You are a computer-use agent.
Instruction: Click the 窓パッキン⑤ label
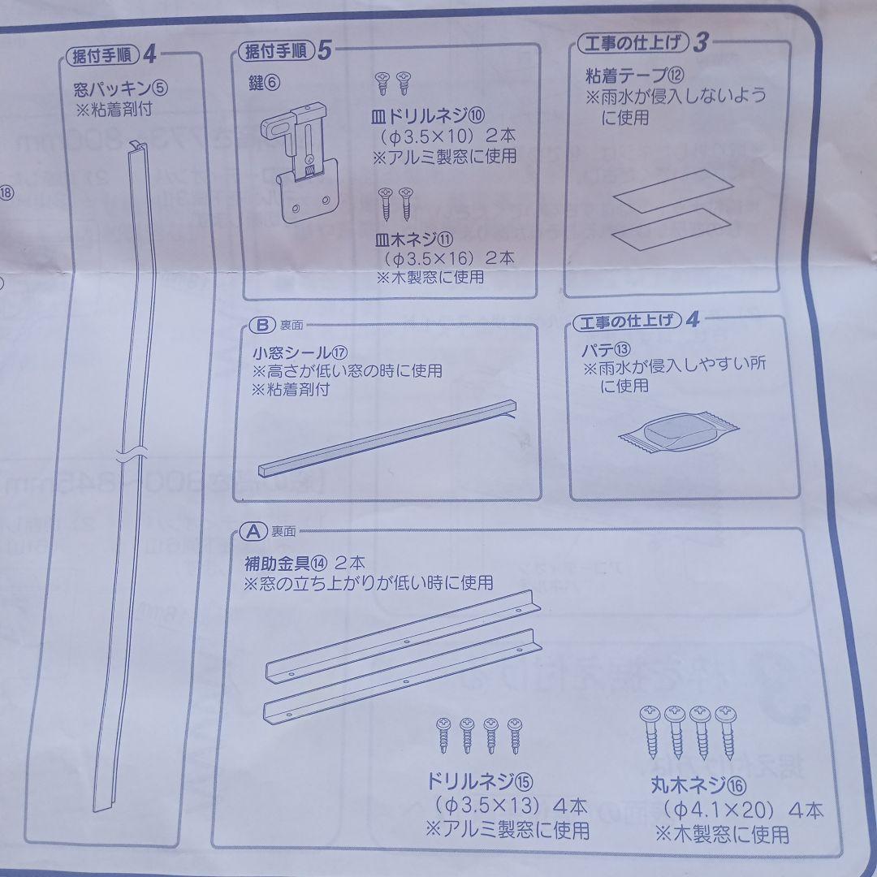(x=120, y=87)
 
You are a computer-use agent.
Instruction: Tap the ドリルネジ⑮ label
(x=478, y=782)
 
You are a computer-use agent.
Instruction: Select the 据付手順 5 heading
(x=284, y=51)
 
